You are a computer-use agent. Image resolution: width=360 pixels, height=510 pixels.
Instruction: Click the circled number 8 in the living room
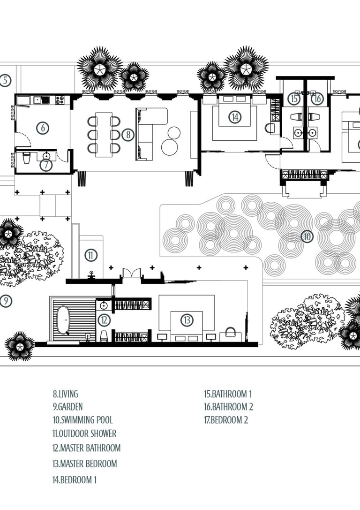127,135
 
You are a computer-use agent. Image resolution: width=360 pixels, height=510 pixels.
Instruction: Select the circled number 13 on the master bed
187,320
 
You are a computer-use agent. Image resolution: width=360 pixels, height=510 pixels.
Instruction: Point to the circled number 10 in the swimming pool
307,236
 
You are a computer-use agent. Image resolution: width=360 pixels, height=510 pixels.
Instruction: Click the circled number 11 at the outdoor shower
90,255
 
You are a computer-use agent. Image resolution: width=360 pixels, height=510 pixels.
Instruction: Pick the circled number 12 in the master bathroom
104,320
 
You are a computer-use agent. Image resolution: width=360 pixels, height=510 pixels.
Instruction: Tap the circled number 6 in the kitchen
43,128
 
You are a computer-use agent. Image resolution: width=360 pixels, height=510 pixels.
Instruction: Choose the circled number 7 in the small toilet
45,164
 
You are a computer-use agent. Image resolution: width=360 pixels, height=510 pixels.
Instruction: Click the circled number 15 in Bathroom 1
294,99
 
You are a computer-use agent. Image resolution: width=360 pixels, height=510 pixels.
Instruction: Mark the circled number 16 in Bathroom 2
317,99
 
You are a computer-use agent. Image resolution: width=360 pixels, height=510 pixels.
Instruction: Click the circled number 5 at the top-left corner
5,80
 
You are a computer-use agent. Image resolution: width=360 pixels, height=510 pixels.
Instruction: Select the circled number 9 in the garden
5,301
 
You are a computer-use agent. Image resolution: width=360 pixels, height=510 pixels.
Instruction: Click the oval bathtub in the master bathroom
63,320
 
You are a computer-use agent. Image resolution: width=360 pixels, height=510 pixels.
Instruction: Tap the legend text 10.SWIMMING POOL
82,420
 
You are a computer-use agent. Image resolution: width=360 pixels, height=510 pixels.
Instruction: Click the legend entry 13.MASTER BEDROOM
85,464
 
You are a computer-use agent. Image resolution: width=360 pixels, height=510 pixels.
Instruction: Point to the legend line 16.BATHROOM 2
228,407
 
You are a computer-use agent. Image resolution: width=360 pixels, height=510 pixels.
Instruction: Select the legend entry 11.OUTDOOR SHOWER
84,434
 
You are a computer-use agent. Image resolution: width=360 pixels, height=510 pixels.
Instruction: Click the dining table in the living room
104,134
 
